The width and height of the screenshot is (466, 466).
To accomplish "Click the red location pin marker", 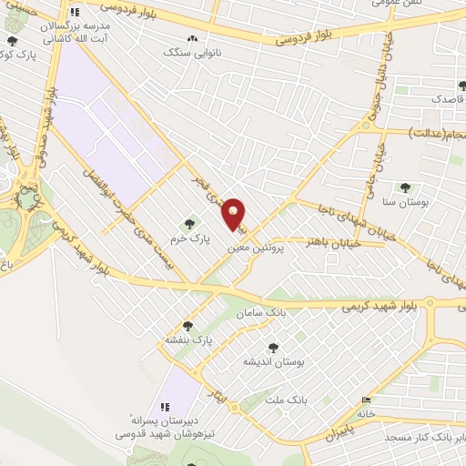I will pyautogui.click(x=235, y=214).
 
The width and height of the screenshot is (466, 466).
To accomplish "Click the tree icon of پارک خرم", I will pyautogui.click(x=190, y=223).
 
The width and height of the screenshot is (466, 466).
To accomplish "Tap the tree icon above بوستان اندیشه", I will pyautogui.click(x=273, y=348).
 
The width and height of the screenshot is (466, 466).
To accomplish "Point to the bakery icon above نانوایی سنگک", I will pyautogui.click(x=191, y=39).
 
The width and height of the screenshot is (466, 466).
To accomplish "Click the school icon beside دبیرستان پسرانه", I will pyautogui.click(x=165, y=407).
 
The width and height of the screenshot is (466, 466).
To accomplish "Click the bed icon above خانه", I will pyautogui.click(x=366, y=399).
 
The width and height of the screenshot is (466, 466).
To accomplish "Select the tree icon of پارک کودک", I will pyautogui.click(x=12, y=42).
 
